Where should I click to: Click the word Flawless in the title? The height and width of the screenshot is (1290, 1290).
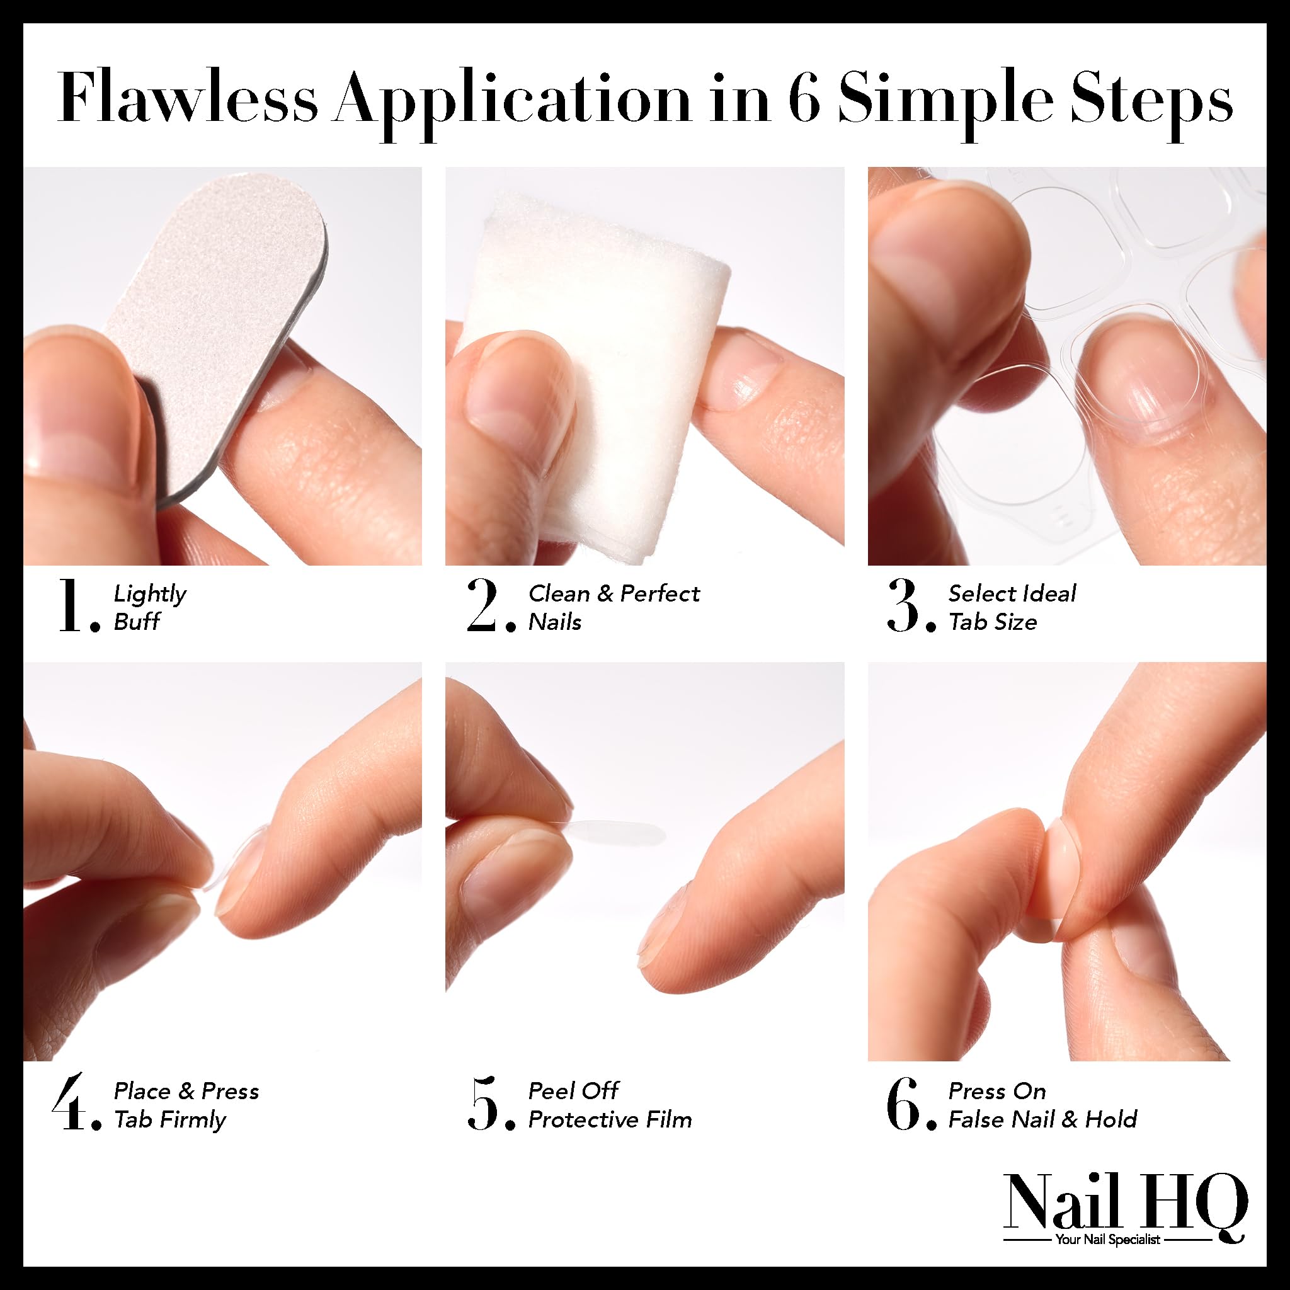pos(187,98)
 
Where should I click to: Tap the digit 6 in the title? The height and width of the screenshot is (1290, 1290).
pos(802,98)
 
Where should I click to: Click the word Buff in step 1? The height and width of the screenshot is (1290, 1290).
pos(137,622)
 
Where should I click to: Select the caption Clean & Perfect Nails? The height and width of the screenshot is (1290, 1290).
pos(613,607)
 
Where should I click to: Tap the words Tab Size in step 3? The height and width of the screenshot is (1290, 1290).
pos(992,622)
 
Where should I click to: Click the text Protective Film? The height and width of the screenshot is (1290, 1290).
pos(610,1120)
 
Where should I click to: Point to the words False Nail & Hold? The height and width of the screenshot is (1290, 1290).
pos(1042,1120)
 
